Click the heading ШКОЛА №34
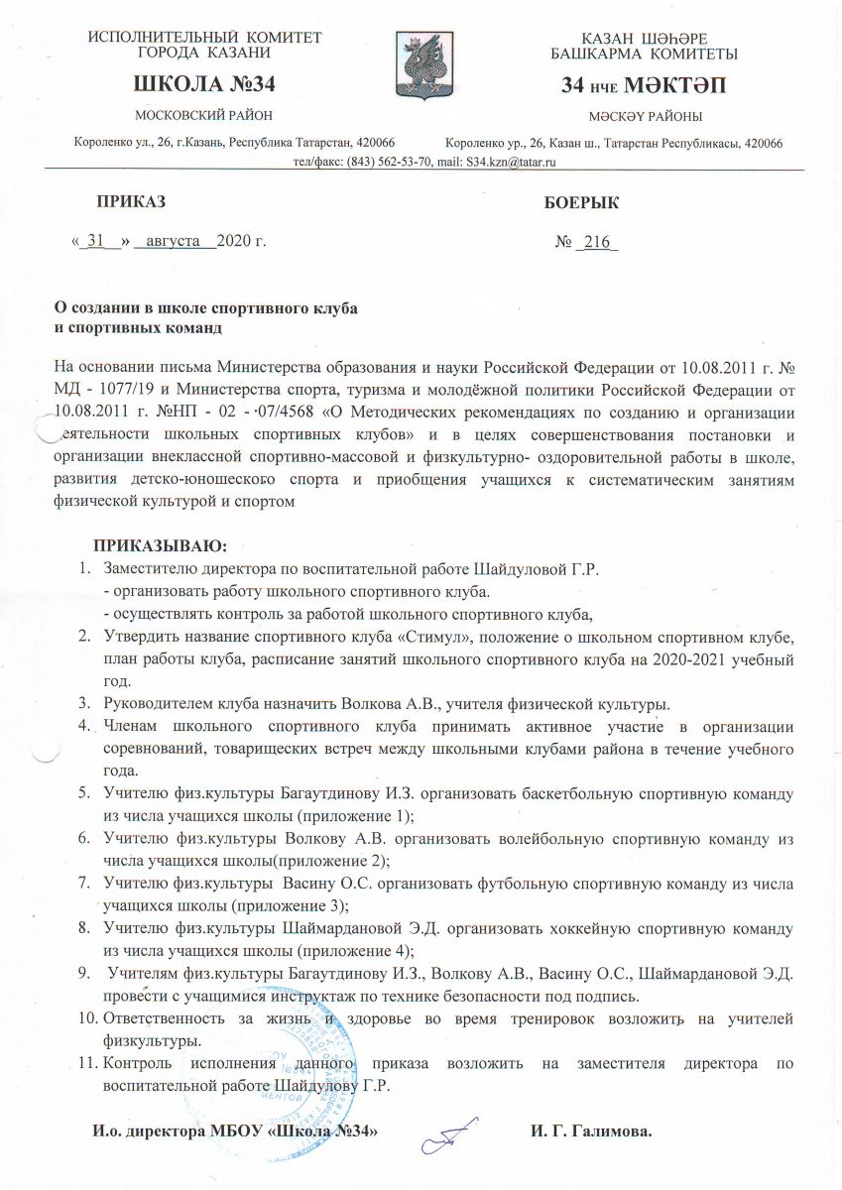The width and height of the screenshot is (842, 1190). [203, 84]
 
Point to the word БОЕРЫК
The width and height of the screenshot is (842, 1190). [582, 203]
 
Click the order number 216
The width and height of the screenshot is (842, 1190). [597, 241]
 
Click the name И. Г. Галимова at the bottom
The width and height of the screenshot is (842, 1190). [593, 1130]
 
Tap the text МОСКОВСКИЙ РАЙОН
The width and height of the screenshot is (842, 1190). [203, 117]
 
